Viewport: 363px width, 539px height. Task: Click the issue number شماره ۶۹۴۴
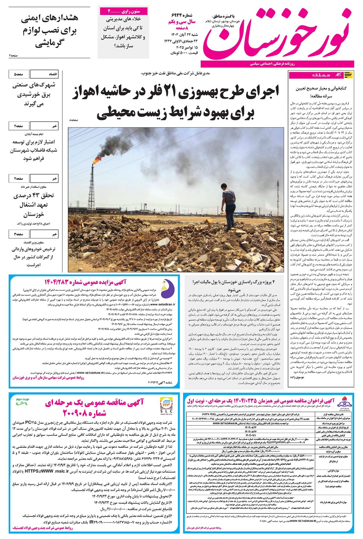(184, 16)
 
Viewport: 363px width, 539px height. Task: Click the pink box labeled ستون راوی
(123, 11)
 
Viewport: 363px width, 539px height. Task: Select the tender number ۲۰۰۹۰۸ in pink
(89, 413)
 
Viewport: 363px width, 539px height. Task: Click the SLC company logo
(164, 406)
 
